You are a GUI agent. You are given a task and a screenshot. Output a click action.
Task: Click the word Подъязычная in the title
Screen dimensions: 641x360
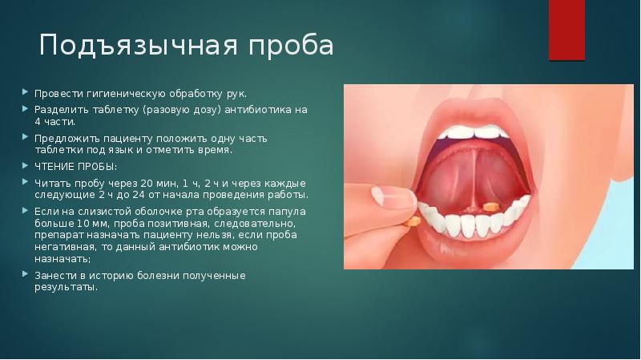[x=138, y=46]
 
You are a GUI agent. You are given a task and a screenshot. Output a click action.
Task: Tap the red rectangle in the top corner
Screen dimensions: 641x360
[x=566, y=30]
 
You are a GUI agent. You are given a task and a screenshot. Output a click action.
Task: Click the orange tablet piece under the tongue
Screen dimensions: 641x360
[x=490, y=207]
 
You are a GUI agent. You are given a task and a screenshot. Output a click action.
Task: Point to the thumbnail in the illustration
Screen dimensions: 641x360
[x=393, y=196]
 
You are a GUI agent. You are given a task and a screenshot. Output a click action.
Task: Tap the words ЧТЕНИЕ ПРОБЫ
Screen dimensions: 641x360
[x=75, y=167]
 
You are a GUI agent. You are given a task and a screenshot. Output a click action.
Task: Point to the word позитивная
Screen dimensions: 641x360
[x=179, y=224]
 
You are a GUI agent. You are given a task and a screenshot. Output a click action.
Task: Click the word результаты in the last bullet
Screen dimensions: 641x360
[x=66, y=287]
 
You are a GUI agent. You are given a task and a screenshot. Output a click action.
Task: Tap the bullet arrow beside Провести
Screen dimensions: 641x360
[x=26, y=92]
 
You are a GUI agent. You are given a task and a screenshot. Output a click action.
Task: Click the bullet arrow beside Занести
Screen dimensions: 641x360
[x=26, y=274]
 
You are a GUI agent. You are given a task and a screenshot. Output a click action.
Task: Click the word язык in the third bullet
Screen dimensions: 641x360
[x=120, y=150]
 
